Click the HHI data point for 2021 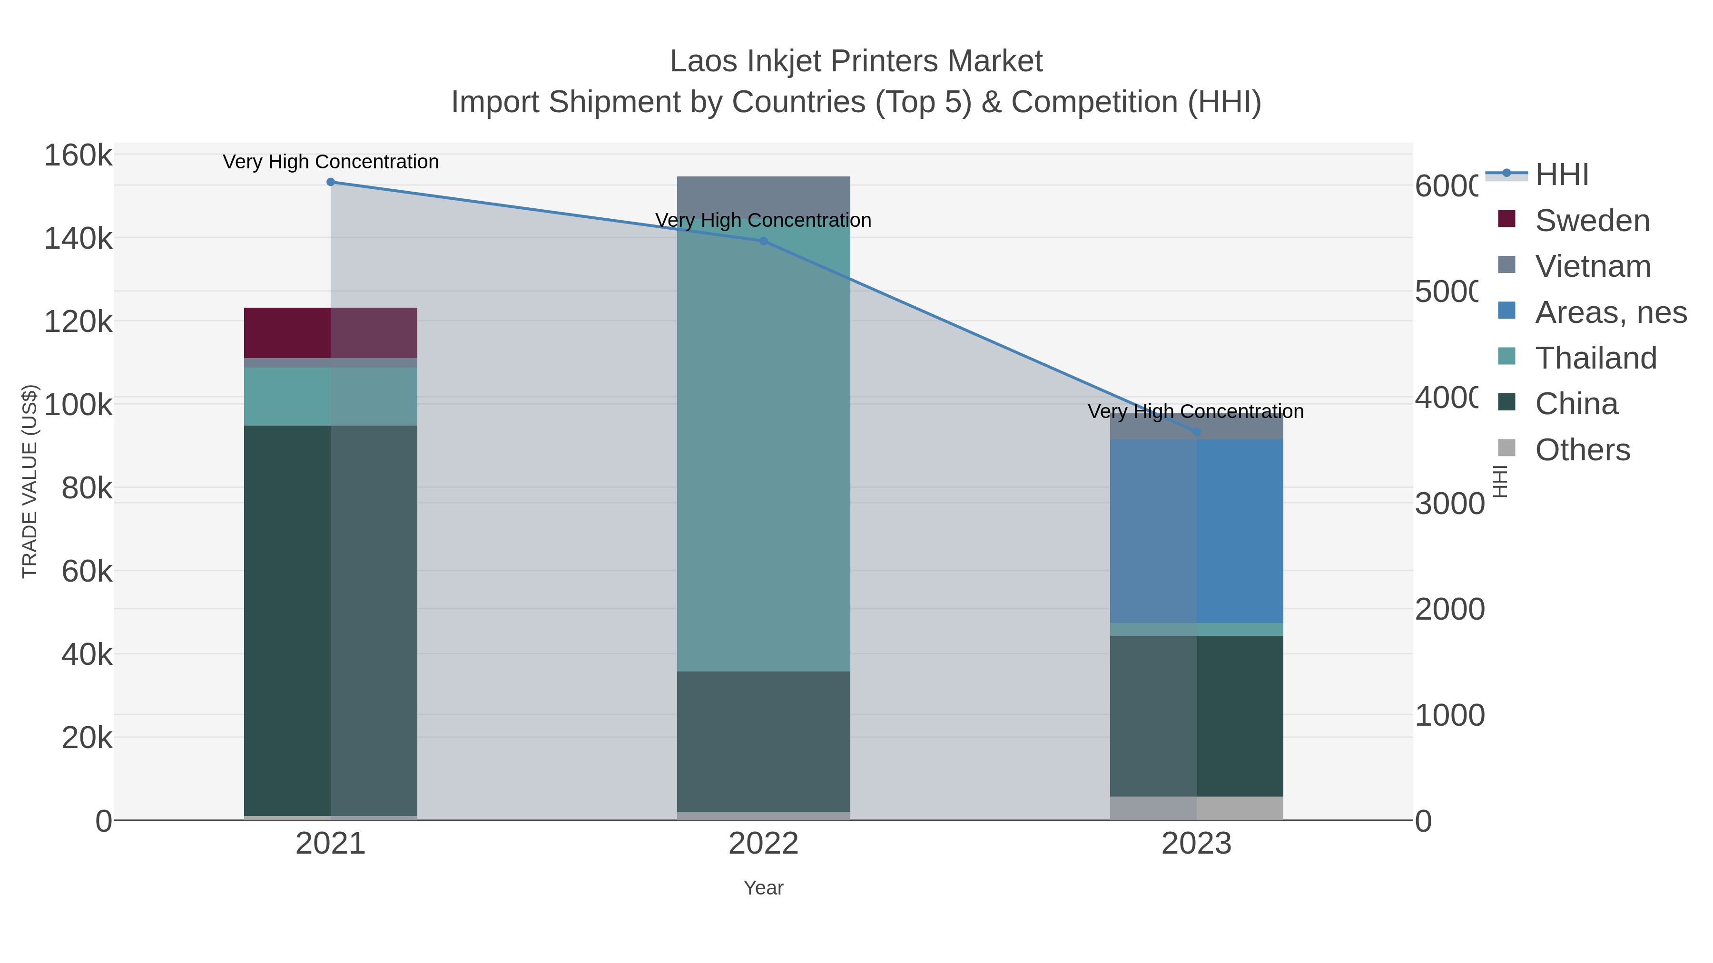331,182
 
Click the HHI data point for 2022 763,241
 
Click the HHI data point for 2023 1196,432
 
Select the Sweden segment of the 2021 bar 331,333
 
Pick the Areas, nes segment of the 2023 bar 1196,531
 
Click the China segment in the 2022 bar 763,741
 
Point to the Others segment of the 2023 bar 1196,808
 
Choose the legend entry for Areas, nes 1609,312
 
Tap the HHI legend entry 1561,175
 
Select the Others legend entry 1581,450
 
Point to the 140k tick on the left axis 78,239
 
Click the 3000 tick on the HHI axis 1449,504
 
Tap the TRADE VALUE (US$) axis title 30,481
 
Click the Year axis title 763,888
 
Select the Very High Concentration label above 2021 331,162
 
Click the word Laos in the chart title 703,61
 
